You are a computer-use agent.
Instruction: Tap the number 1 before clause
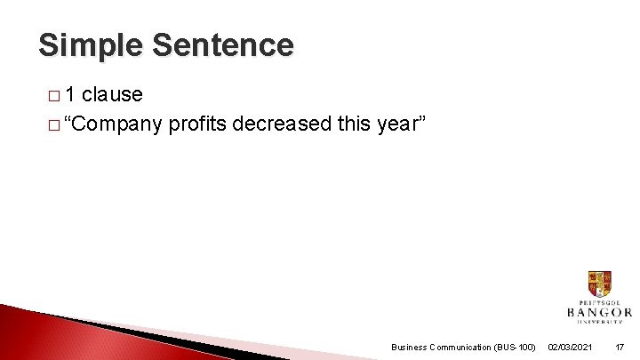pyautogui.click(x=71, y=94)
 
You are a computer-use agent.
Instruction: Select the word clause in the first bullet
pyautogui.click(x=112, y=94)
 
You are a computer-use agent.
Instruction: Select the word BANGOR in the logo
pyautogui.click(x=599, y=312)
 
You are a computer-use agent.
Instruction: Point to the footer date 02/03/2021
pyautogui.click(x=572, y=347)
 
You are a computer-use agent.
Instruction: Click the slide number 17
pyautogui.click(x=620, y=347)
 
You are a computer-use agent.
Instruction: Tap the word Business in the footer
pyautogui.click(x=409, y=347)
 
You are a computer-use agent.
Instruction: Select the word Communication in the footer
pyautogui.click(x=462, y=347)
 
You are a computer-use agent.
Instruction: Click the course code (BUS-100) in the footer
pyautogui.click(x=516, y=347)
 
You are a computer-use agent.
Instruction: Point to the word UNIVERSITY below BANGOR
pyautogui.click(x=599, y=323)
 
